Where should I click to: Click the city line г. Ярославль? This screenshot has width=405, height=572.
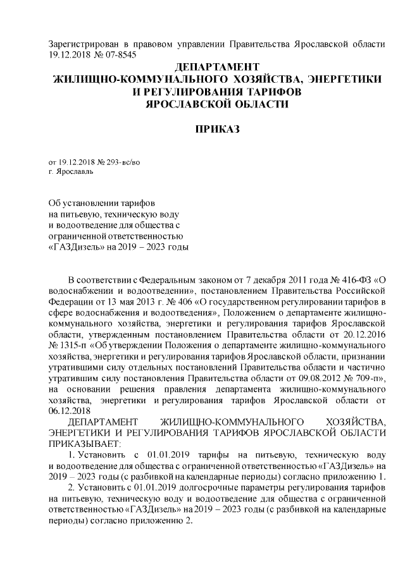pos(71,171)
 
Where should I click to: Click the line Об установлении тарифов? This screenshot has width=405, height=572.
pos(101,202)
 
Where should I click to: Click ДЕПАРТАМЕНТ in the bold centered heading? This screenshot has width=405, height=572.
pos(217,66)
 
